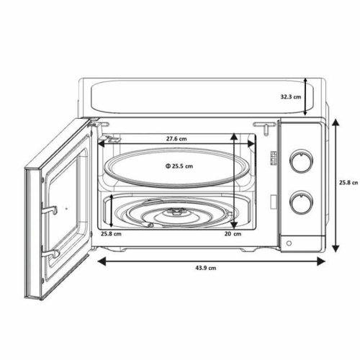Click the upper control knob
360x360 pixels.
(x=299, y=159)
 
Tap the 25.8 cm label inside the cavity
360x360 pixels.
(x=111, y=233)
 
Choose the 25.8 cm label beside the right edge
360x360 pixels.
(x=348, y=182)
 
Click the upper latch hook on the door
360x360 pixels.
(x=53, y=209)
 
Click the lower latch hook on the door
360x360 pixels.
(x=51, y=253)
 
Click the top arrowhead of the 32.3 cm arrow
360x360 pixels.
(x=305, y=81)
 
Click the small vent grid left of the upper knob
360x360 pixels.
(x=274, y=158)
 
